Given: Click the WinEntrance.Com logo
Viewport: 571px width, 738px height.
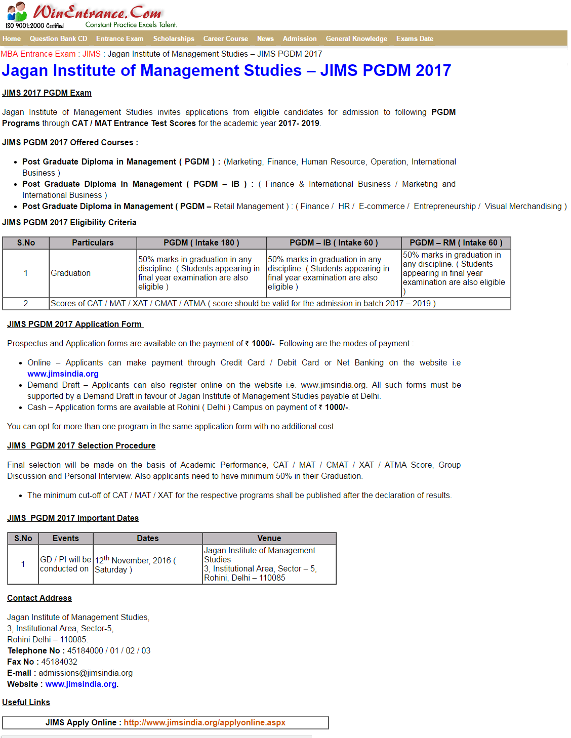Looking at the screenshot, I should click(x=91, y=15).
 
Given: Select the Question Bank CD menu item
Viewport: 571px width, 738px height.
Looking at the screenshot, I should click(x=58, y=38).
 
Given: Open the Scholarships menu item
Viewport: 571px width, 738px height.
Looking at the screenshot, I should click(x=174, y=38).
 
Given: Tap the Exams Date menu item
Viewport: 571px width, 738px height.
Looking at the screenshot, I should click(x=415, y=38).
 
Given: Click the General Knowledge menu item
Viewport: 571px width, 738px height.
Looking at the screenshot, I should click(x=356, y=38).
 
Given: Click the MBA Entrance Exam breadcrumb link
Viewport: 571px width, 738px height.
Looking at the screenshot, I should click(x=38, y=54).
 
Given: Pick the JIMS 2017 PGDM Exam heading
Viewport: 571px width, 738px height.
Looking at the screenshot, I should click(x=47, y=93).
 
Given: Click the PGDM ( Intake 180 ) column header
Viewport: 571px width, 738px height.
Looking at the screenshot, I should click(x=201, y=242).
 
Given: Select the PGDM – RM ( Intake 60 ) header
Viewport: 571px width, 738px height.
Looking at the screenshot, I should click(x=456, y=242).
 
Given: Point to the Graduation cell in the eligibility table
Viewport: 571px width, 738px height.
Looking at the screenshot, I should click(x=71, y=273).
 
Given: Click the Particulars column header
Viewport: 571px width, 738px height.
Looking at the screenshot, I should click(x=93, y=242).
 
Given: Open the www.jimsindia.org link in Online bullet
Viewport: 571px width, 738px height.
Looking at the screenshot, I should click(x=63, y=374).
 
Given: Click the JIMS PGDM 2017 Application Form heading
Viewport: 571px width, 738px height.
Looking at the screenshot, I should click(x=75, y=324).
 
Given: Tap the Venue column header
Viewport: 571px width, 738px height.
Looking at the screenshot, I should click(x=269, y=538).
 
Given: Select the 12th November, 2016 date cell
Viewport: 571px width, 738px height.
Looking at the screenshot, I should click(x=135, y=565).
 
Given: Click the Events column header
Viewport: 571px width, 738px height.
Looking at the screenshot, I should click(x=65, y=538).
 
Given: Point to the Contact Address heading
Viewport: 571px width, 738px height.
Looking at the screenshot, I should click(x=39, y=598).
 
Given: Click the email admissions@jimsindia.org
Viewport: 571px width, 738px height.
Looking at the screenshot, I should click(x=86, y=673).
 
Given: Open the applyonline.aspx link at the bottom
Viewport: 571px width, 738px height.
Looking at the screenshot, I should click(x=205, y=722).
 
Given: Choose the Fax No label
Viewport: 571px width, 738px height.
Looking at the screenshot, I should click(x=21, y=662).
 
